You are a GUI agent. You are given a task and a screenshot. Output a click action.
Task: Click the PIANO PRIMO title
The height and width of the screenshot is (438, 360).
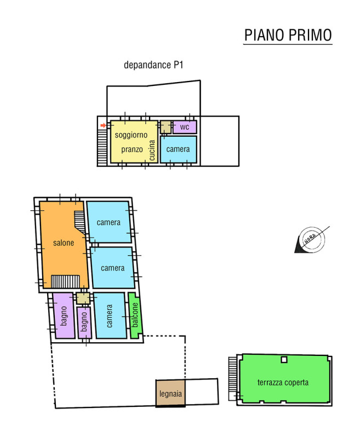point(288,35)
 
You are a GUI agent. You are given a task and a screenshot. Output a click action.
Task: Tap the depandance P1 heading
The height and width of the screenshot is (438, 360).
point(153,65)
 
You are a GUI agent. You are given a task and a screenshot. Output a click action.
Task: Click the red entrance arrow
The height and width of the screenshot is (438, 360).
point(104,125)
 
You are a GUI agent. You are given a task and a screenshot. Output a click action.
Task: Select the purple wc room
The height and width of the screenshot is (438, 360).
point(185,127)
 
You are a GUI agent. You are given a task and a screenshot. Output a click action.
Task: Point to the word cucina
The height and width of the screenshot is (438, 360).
point(152,150)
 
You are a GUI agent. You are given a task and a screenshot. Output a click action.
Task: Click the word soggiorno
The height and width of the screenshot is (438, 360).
point(131,135)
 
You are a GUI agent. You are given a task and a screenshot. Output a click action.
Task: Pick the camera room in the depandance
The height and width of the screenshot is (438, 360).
point(178,149)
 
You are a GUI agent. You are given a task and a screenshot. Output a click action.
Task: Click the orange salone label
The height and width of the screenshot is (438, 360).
point(64,243)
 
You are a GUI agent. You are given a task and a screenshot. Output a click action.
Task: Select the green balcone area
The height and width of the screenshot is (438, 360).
point(135,315)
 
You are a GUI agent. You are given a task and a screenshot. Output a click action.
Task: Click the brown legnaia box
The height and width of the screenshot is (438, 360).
point(170,393)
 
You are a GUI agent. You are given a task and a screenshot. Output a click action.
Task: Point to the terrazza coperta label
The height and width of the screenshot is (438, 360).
point(283,382)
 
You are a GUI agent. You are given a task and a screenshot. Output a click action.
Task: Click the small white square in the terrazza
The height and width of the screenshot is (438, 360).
point(284,360)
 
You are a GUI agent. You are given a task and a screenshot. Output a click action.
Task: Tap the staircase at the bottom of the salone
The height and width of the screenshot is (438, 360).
point(65,281)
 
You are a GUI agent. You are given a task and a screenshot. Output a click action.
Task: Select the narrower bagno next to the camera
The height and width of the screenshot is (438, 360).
point(84,322)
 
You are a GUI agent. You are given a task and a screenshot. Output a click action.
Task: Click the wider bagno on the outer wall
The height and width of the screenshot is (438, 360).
point(64,316)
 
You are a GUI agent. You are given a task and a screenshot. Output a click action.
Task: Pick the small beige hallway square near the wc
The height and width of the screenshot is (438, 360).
point(165,127)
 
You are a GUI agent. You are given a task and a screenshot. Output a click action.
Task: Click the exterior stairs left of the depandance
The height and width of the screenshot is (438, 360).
point(102,147)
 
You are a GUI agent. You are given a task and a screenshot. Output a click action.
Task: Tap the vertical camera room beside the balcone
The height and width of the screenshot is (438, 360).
point(110,316)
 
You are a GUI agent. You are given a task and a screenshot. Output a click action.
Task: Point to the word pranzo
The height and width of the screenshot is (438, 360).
point(132,149)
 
